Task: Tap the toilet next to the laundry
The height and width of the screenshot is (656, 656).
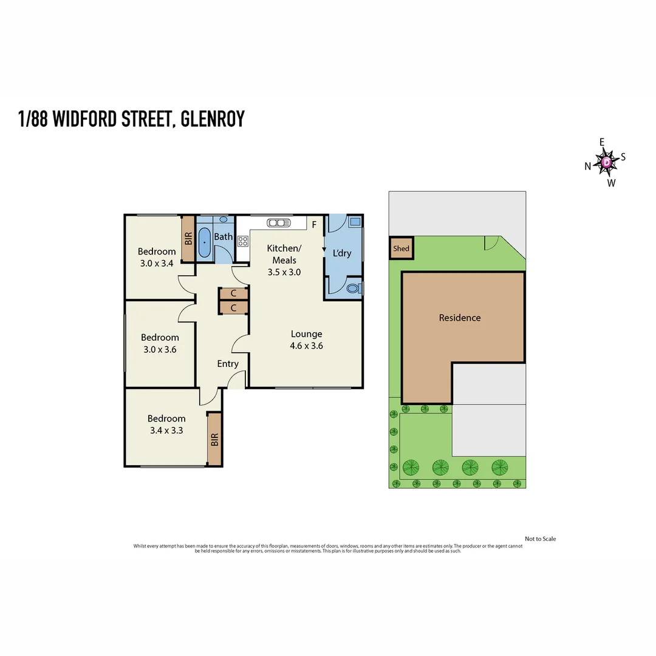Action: (352, 289)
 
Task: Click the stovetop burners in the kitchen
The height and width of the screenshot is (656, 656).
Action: (242, 241)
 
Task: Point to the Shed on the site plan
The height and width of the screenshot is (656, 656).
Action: (401, 248)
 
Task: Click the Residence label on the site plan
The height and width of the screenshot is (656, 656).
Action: (460, 318)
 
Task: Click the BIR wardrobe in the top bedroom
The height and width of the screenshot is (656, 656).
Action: (188, 239)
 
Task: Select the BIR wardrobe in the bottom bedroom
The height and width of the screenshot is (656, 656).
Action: (214, 439)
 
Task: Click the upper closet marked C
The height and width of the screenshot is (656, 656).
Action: (233, 294)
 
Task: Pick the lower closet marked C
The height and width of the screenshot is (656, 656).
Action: (233, 308)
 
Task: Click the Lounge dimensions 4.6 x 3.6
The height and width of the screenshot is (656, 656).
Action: (306, 346)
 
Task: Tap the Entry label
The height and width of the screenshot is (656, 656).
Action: (228, 364)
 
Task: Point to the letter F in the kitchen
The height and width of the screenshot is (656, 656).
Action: (314, 225)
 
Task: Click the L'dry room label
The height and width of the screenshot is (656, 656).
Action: (342, 253)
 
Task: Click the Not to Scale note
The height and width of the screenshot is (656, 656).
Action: (540, 539)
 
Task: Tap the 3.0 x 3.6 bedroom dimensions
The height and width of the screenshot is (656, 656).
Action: (160, 349)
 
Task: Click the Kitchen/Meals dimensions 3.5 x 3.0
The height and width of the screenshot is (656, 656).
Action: (284, 272)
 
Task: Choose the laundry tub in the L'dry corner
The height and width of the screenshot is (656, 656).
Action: (354, 222)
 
